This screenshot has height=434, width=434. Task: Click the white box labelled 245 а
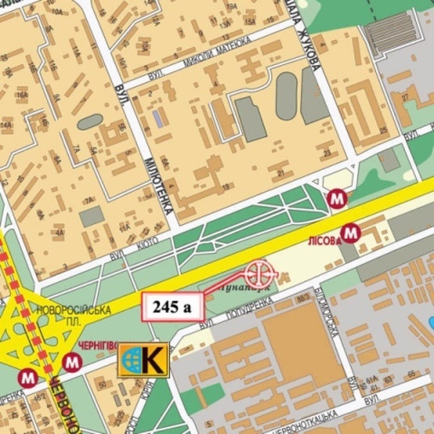(172, 306)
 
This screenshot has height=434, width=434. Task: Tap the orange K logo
(142, 360)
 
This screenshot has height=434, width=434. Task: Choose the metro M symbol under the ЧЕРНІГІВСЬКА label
(73, 362)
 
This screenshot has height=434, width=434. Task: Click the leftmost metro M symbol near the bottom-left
(30, 377)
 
